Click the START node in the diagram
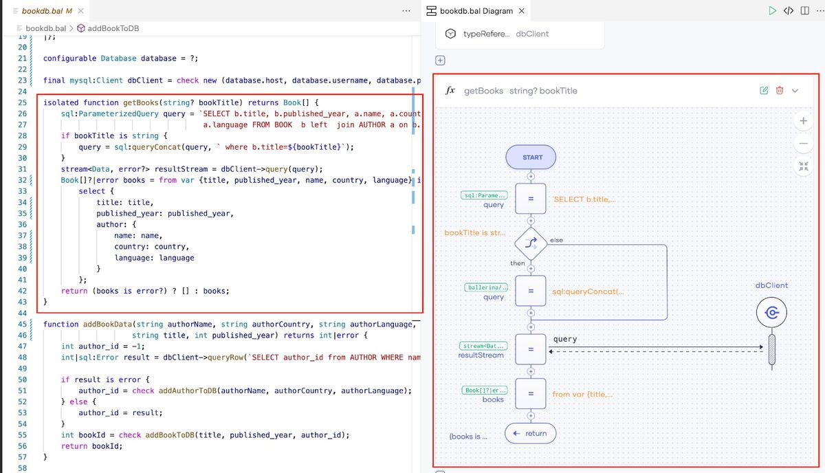(531, 157)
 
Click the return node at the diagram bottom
(530, 433)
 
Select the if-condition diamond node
(531, 243)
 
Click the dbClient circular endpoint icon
(771, 313)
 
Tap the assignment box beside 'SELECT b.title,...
(531, 199)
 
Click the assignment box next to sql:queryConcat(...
(531, 291)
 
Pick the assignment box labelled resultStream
(531, 349)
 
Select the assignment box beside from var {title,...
(531, 393)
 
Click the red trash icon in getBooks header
(780, 90)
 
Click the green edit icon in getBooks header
(764, 90)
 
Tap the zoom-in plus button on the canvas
(804, 121)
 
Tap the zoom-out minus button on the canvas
(804, 143)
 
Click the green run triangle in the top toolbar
(772, 11)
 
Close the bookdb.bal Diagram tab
(522, 11)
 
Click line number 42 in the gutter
(23, 291)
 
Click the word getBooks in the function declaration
(141, 102)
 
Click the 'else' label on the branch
(556, 240)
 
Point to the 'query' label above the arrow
(565, 339)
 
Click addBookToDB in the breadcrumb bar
(113, 28)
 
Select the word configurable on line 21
(69, 58)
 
